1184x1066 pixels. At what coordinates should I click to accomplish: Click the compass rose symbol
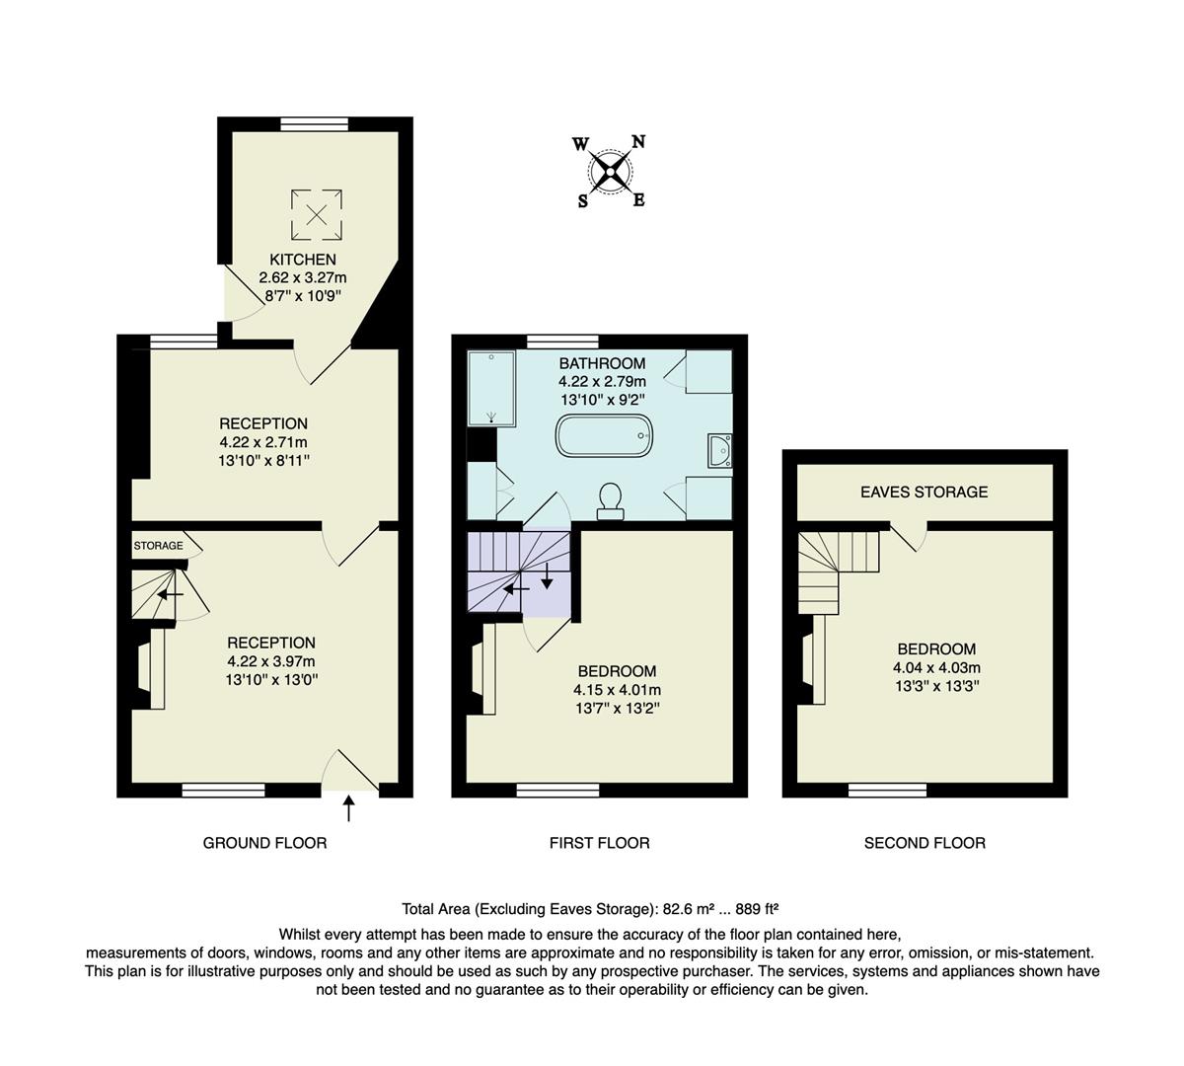click(x=611, y=173)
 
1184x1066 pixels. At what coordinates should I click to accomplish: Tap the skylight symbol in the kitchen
click(x=316, y=214)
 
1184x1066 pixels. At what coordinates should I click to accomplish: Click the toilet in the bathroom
click(x=610, y=499)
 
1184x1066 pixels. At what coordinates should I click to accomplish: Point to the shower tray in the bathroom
click(x=491, y=388)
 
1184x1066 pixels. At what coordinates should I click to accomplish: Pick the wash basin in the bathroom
click(x=718, y=451)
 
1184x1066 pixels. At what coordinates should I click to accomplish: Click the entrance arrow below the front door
click(x=347, y=809)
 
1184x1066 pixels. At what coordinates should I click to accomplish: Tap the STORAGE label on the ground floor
click(x=158, y=546)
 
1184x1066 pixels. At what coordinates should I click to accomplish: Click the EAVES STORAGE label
click(x=924, y=492)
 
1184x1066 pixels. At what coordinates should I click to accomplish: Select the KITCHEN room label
click(x=303, y=260)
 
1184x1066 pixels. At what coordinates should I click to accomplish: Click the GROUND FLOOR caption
click(x=264, y=843)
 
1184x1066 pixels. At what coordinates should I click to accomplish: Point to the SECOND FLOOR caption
click(x=925, y=843)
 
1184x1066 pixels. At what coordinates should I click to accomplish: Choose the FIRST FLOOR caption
click(x=599, y=843)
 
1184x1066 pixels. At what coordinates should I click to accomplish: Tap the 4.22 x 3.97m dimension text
click(x=270, y=661)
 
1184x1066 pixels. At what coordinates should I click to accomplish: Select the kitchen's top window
click(x=308, y=123)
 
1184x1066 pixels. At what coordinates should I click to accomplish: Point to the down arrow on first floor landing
click(x=547, y=576)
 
